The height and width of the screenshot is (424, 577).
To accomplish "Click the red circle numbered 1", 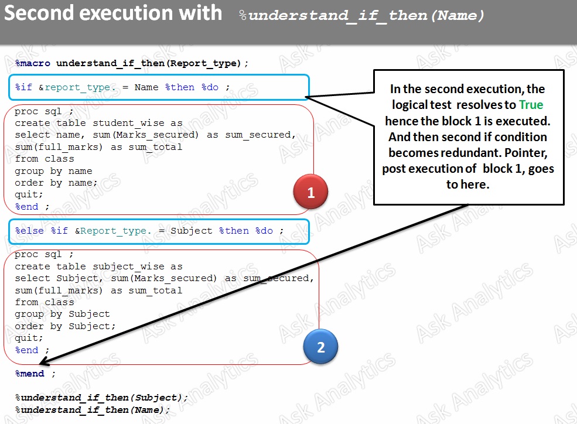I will tap(310, 192).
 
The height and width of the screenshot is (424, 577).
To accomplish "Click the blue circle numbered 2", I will tap(320, 347).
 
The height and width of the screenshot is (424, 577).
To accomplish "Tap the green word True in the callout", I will tap(531, 105).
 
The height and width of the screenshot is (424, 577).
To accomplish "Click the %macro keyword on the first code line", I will tap(33, 63).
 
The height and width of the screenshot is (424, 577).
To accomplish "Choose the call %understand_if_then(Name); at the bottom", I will tap(93, 410).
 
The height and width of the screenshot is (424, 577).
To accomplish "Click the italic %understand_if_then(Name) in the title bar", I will tap(362, 16).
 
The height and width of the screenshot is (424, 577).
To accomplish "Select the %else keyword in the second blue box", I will tap(29, 231).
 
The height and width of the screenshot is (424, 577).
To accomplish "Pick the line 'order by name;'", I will tap(56, 183).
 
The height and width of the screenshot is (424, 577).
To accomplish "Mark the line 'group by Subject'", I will tap(62, 314).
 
